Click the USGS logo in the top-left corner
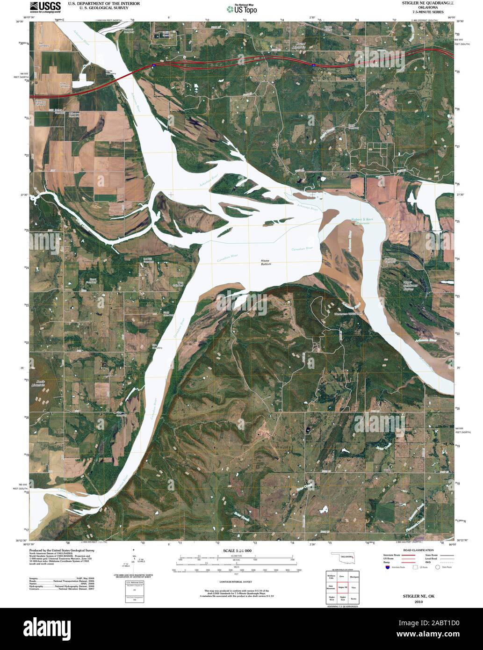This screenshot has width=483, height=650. click(45, 6)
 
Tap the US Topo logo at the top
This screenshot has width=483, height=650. click(241, 8)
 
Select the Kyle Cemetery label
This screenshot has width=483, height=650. click(157, 347)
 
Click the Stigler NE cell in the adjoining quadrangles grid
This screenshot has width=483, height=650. click(342, 587)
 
